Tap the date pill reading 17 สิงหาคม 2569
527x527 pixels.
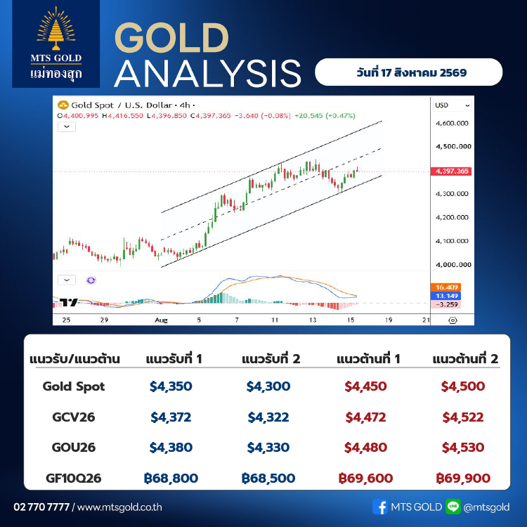(408, 72)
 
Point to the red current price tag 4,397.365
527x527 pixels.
(451, 171)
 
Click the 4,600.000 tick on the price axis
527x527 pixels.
(452, 124)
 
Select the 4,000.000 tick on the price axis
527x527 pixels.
(453, 264)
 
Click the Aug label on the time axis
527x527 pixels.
(161, 320)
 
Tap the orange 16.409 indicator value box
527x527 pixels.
(446, 287)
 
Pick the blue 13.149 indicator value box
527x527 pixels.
(446, 296)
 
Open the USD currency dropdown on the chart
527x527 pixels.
(452, 105)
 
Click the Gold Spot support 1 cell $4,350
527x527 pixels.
(171, 386)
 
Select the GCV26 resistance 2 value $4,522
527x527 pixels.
(463, 417)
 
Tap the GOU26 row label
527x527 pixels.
(74, 448)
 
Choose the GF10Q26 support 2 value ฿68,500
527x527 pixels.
(268, 478)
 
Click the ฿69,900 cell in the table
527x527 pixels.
(463, 478)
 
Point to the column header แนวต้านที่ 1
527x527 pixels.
(368, 359)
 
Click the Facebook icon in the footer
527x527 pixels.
(380, 507)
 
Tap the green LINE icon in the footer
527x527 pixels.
(453, 507)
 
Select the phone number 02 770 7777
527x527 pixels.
(41, 507)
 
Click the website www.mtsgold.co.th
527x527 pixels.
(119, 507)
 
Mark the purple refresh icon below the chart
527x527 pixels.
(91, 280)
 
